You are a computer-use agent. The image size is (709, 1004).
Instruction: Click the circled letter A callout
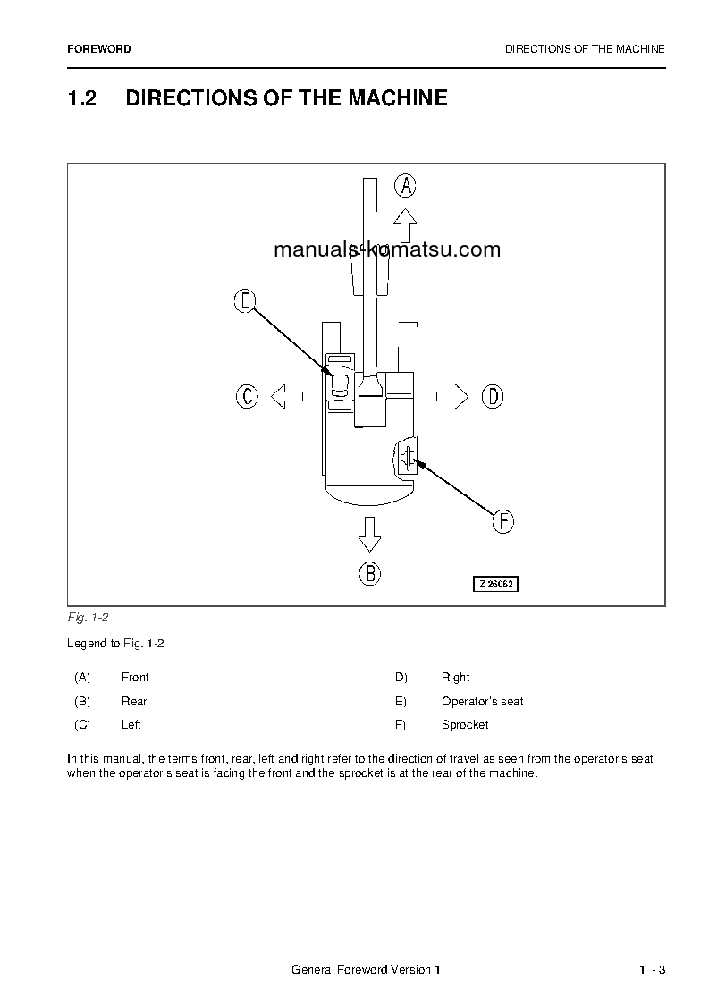406,185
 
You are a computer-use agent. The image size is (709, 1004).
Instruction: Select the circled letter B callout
370,573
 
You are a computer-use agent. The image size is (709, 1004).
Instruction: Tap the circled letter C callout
248,396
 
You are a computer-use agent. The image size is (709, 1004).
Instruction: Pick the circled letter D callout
493,396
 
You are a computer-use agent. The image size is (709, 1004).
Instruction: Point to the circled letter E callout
245,301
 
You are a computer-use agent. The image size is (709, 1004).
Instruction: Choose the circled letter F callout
503,521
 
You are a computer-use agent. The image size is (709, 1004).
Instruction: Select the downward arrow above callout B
369,535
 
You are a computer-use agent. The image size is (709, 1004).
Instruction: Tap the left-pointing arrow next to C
287,396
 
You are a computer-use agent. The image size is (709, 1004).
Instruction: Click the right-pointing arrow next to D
452,396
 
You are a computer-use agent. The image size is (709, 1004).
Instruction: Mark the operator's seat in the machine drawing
340,385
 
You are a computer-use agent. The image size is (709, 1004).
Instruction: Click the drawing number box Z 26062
495,584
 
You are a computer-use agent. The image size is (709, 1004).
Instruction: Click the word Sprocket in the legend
465,724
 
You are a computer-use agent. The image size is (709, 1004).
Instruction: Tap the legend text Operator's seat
482,701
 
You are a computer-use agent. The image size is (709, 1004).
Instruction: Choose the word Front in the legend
135,677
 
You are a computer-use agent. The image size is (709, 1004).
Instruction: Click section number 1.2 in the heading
81,98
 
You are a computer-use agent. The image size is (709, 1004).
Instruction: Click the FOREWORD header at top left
98,49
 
